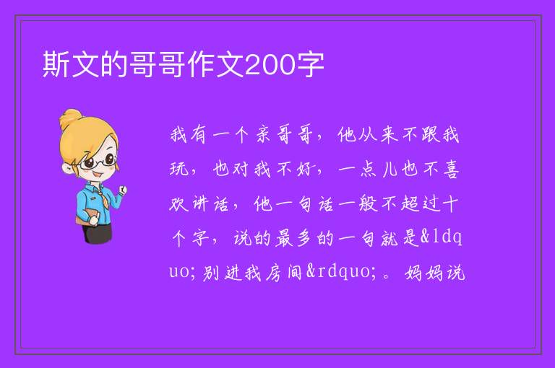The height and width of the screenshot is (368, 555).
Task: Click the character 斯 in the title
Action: click(56, 64)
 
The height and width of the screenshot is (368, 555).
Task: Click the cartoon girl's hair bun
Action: click(70, 119)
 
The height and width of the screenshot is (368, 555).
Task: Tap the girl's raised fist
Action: click(122, 190)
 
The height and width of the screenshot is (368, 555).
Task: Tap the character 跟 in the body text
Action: click(430, 135)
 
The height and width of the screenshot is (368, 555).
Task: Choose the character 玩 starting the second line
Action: click(178, 169)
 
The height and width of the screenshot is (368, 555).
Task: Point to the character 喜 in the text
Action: click(451, 169)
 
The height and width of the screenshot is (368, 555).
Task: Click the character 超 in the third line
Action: click(410, 203)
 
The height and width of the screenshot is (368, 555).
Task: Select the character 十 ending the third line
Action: click(451, 203)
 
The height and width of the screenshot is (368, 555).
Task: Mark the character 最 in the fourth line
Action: click(284, 238)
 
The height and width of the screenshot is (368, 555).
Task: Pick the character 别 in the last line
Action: click(211, 273)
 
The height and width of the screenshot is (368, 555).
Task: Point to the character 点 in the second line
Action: click(369, 169)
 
